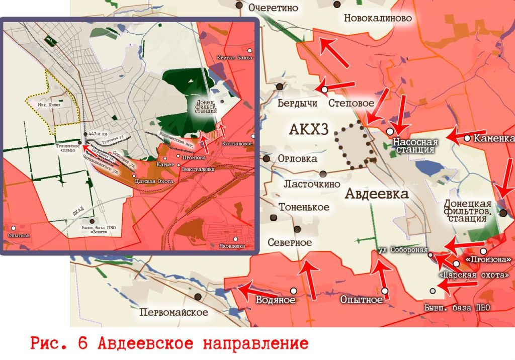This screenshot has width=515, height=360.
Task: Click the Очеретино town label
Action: click(x=274, y=8)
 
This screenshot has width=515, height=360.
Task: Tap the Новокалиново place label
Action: click(x=378, y=19)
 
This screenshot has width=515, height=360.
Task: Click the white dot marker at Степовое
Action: click(x=324, y=89)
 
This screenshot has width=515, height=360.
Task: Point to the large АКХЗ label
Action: click(x=309, y=130)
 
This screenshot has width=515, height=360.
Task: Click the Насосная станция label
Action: click(x=415, y=146)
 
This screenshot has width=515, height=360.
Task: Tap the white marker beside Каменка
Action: click(x=468, y=138)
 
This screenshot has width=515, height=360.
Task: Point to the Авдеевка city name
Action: click(x=376, y=194)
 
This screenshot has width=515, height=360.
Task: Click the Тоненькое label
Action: click(x=304, y=207)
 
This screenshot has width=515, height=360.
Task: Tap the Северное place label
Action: click(x=290, y=242)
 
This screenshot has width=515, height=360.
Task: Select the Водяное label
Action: click(x=275, y=300)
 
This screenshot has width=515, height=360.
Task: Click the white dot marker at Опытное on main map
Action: click(x=385, y=291)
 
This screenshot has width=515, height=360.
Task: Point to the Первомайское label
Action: click(x=174, y=312)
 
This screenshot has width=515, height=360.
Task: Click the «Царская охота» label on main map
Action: click(x=473, y=276)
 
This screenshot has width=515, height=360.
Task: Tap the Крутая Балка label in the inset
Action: click(x=234, y=58)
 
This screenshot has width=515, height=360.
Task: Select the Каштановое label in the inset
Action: click(x=237, y=143)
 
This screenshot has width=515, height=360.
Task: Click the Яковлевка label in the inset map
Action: click(x=232, y=246)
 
